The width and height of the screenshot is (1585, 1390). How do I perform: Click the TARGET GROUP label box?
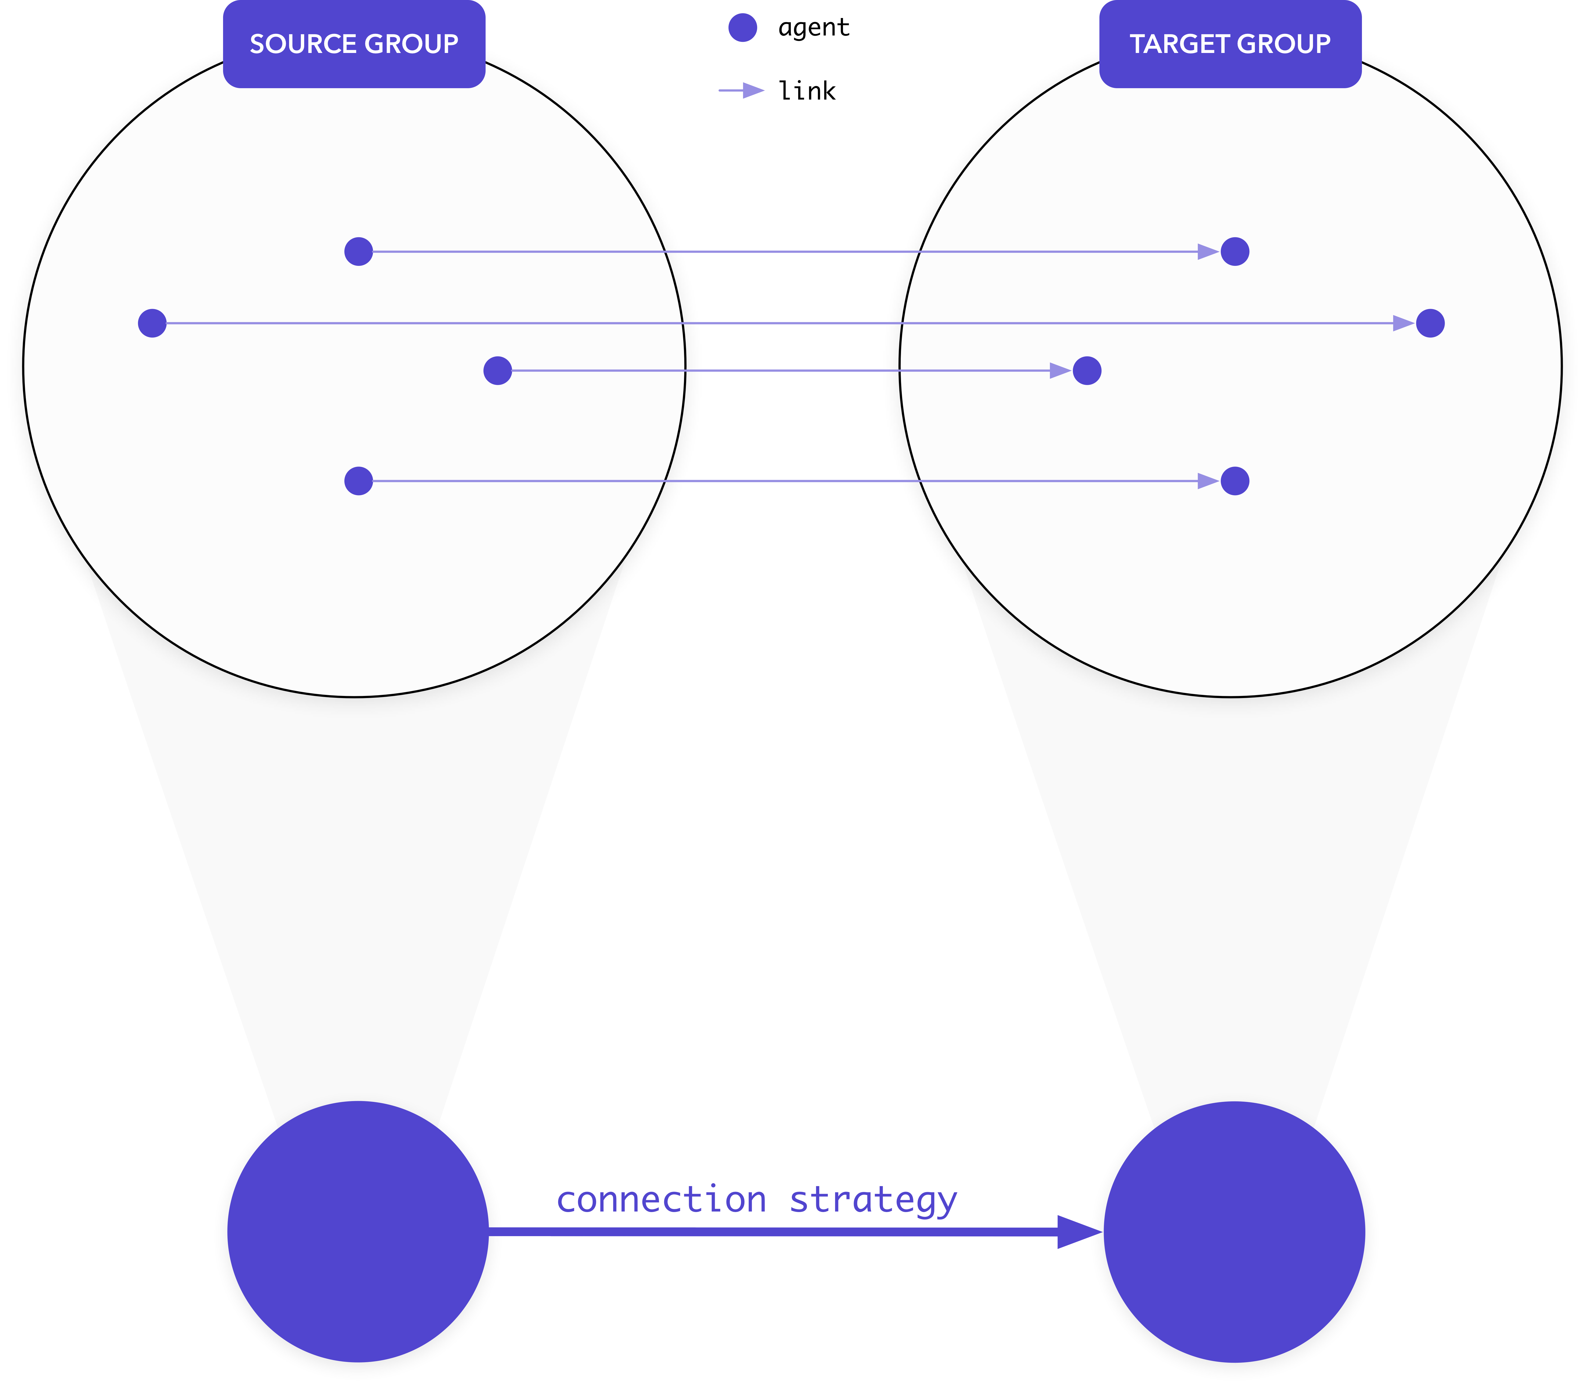point(1231,44)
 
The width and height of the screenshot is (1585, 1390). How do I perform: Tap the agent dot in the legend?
point(743,28)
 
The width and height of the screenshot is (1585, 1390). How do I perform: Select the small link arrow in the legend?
point(741,91)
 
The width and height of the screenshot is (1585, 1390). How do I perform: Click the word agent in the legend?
point(814,28)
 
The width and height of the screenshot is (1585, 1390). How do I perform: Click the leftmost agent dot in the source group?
point(152,323)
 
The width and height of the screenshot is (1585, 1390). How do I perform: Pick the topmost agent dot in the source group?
point(358,251)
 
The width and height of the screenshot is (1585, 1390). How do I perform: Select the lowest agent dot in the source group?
point(358,481)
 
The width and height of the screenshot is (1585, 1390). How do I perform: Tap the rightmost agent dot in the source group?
point(498,370)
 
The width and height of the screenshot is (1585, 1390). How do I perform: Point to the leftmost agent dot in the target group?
point(1087,370)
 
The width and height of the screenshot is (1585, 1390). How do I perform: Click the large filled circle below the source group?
point(358,1231)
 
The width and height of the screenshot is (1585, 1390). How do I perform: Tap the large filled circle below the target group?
point(1235,1231)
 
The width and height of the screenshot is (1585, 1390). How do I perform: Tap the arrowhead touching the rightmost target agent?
point(1404,323)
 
